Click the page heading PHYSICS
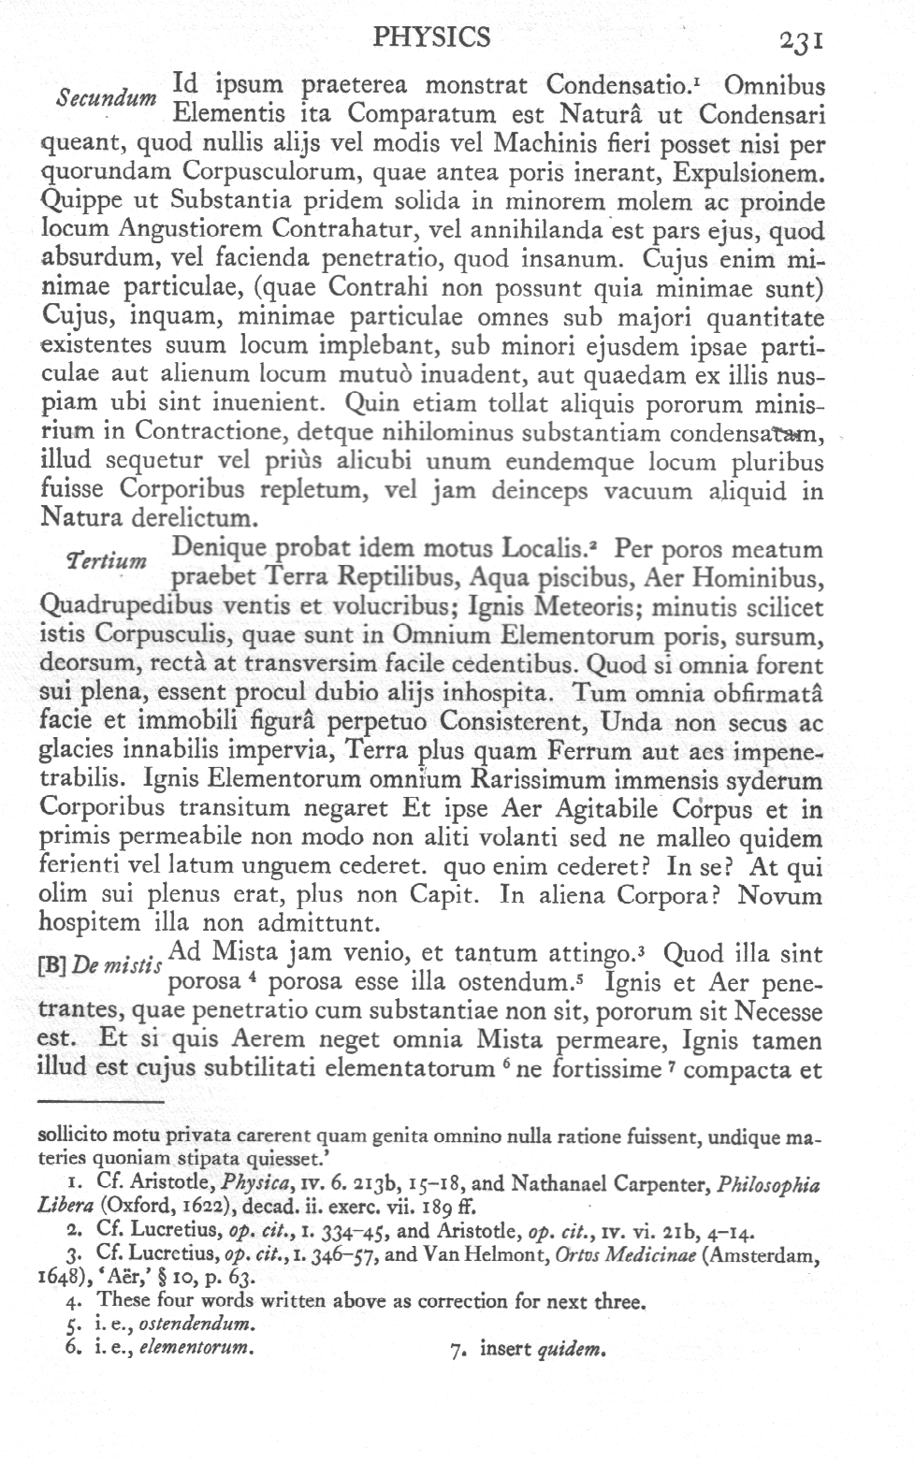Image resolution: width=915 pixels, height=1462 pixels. click(431, 36)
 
